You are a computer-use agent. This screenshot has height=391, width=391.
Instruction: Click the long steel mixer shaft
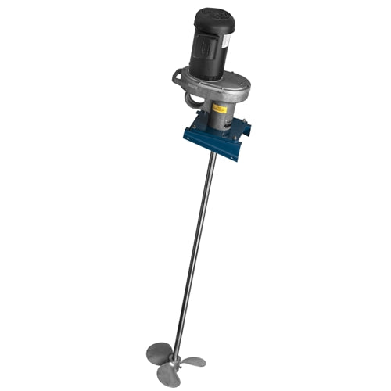(195, 250)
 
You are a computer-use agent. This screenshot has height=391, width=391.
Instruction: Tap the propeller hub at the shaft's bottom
(178, 361)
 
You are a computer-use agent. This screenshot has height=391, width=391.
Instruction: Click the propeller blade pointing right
(194, 362)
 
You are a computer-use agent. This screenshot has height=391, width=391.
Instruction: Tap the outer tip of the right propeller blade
(205, 361)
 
